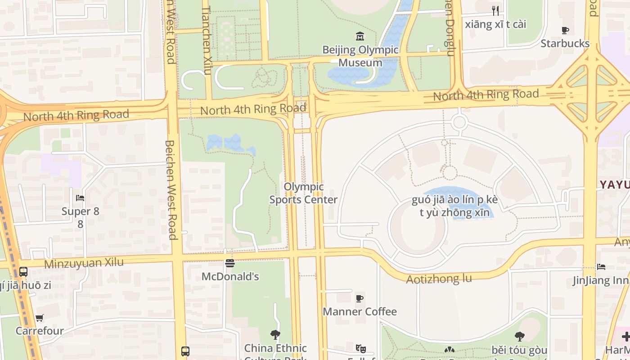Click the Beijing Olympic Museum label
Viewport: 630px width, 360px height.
click(x=360, y=56)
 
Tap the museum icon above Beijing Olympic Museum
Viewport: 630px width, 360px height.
click(x=360, y=36)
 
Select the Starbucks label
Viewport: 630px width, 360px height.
click(x=565, y=44)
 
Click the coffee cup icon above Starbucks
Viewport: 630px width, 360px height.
click(x=565, y=31)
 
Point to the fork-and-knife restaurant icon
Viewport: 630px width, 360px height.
click(x=495, y=11)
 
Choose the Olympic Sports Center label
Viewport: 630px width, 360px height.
click(x=303, y=193)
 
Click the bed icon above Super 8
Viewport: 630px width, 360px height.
click(x=80, y=198)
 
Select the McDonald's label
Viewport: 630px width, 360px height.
click(x=230, y=276)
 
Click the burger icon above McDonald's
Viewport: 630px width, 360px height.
click(x=230, y=263)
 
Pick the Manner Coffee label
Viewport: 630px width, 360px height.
click(x=360, y=311)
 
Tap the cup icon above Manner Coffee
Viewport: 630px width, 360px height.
click(x=360, y=298)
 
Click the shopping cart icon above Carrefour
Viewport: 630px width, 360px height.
click(x=40, y=318)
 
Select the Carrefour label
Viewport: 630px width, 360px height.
click(x=40, y=331)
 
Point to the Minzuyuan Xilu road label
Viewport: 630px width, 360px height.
click(x=84, y=263)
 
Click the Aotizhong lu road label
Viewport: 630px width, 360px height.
click(x=439, y=279)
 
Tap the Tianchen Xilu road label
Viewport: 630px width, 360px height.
click(x=207, y=40)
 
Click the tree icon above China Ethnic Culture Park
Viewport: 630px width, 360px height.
click(x=275, y=335)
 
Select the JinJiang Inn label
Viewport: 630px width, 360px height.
click(x=600, y=281)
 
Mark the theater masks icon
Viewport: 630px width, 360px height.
click(x=360, y=349)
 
